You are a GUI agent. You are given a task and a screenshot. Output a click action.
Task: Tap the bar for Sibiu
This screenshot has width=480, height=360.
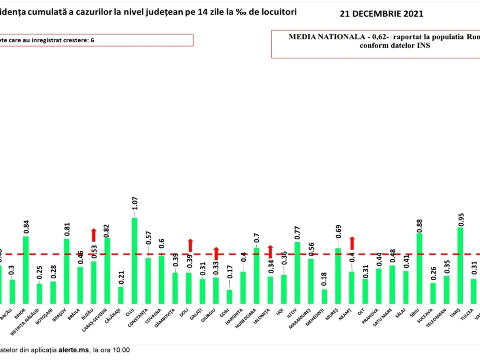pos(419,268)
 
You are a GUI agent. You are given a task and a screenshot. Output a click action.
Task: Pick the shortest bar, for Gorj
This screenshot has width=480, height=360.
pos(229,297)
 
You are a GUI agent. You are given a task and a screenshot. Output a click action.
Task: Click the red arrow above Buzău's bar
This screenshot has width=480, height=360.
pos(94,235)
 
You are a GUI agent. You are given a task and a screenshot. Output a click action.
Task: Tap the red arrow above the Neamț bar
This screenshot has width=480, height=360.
pos(352,243)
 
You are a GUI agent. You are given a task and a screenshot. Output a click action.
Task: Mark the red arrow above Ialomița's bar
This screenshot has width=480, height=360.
pos(270,251)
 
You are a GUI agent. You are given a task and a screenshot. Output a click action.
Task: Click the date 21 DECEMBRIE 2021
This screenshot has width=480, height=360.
pos(381,14)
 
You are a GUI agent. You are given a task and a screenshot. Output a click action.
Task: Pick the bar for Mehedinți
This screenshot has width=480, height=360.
pos(324,296)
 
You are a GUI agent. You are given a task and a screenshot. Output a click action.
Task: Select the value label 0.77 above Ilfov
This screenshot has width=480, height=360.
pos(297,231)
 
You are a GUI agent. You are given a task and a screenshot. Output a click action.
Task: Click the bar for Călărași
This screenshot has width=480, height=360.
pos(121,295)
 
